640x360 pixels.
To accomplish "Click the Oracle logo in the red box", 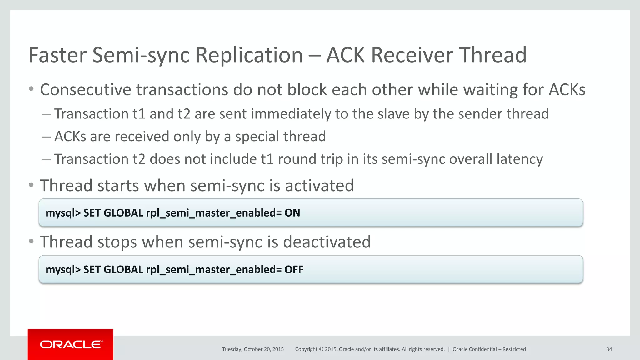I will [71, 344].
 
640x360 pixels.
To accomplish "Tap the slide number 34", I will [609, 349].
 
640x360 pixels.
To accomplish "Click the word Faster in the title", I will [57, 55].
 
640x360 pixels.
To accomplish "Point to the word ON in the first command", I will [292, 213].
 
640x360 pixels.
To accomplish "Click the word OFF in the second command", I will [294, 269].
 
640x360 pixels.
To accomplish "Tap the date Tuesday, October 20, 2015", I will [253, 349].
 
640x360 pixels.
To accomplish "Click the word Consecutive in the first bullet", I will [86, 90].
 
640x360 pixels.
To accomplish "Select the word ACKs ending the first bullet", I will [567, 90].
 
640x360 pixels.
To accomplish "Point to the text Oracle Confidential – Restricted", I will [489, 349].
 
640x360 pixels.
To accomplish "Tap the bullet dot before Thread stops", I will [31, 241].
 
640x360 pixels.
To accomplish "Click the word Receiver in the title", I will [412, 55].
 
